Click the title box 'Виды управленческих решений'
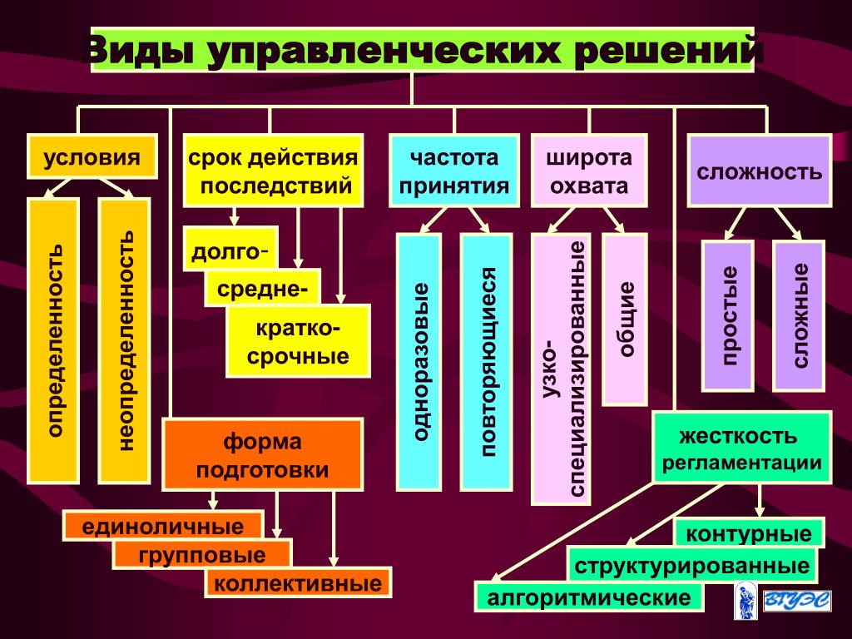click(422, 50)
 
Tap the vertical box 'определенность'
click(54, 340)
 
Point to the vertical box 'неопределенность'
click(124, 340)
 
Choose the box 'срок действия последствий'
click(273, 171)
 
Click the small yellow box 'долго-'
click(230, 249)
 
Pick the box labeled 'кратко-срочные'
click(297, 341)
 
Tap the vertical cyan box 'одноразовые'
click(419, 361)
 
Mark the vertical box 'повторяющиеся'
click(487, 361)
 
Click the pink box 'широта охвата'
click(588, 171)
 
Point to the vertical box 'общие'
click(625, 319)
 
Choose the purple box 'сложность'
click(759, 171)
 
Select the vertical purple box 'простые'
click(728, 315)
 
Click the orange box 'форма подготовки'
click(263, 454)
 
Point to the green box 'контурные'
click(749, 532)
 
